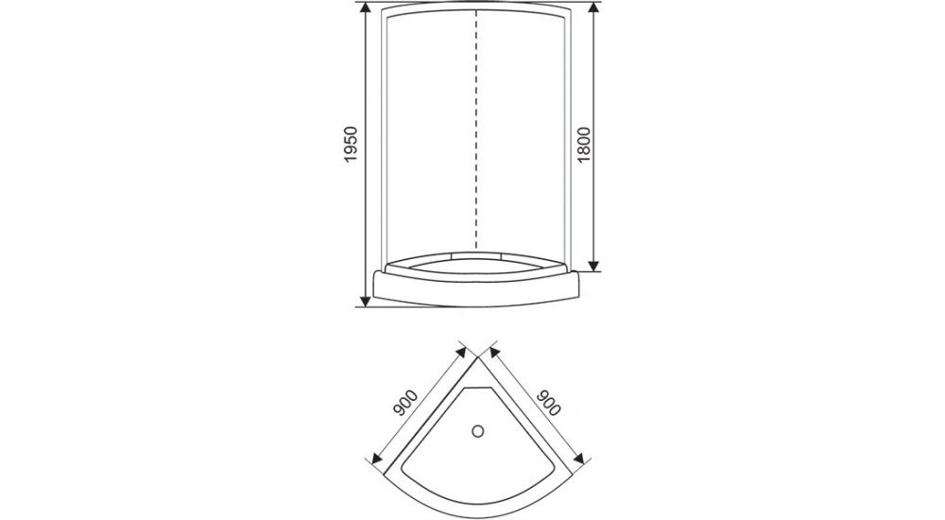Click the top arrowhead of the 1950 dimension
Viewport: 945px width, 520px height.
(x=364, y=9)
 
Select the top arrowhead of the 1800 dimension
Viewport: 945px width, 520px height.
(x=594, y=9)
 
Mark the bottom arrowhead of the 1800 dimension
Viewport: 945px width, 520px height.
(x=594, y=266)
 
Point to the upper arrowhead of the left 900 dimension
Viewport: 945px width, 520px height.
(x=462, y=351)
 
